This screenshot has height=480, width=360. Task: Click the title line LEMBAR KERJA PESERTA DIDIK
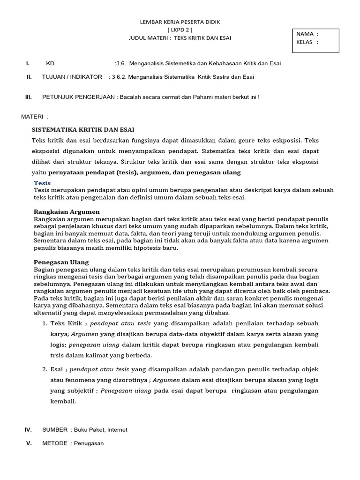(x=180, y=22)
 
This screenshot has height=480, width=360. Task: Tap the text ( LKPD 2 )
(x=180, y=30)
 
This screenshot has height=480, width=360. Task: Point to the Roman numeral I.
(x=28, y=63)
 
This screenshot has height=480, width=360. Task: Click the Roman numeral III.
(x=28, y=97)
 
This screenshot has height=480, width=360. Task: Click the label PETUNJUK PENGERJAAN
(x=79, y=97)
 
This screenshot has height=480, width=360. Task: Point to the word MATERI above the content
(x=32, y=116)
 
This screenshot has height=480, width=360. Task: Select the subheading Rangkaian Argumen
(x=67, y=212)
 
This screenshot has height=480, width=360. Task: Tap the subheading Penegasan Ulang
(x=61, y=262)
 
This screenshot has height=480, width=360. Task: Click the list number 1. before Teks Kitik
(x=45, y=323)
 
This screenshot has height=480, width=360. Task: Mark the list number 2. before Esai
(x=45, y=369)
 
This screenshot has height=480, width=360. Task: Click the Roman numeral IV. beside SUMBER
(x=28, y=429)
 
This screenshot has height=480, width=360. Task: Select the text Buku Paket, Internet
(x=101, y=429)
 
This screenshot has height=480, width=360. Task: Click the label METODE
(x=55, y=443)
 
